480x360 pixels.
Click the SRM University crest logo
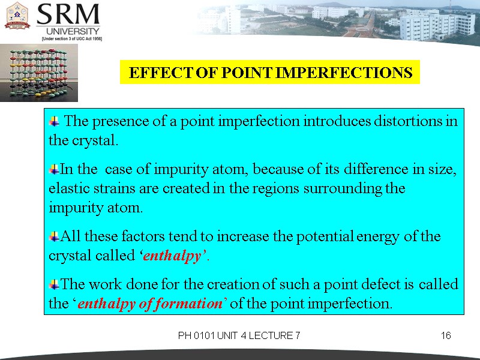tap(17, 16)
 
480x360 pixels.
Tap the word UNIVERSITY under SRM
tap(68, 31)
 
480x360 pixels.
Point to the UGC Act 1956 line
tap(71, 38)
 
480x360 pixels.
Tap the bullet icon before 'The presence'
tap(55, 121)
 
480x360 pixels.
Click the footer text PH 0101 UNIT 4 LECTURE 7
tap(239, 336)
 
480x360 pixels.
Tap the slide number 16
tap(446, 336)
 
